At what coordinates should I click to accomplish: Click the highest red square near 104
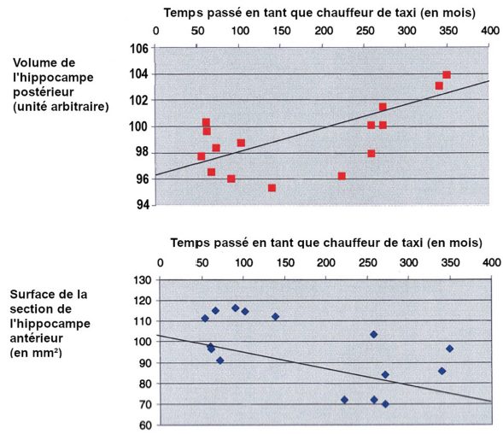click(x=447, y=75)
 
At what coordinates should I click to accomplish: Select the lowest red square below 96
click(x=272, y=188)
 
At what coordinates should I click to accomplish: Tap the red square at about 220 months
click(x=342, y=176)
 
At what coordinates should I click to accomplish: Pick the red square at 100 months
click(x=241, y=143)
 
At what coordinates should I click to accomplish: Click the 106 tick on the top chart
click(x=139, y=49)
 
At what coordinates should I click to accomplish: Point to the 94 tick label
click(x=143, y=204)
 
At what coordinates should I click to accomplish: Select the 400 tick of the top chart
click(x=490, y=31)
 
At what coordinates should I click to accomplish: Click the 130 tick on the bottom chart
click(x=142, y=280)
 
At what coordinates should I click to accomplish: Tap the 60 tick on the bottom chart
click(x=145, y=425)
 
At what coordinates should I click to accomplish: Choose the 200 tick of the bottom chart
click(x=326, y=263)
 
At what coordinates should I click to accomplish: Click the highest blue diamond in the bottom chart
click(x=236, y=308)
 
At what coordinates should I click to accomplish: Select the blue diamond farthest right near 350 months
click(x=450, y=349)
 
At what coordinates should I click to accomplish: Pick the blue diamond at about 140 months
click(x=275, y=316)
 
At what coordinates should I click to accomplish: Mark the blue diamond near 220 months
click(x=344, y=400)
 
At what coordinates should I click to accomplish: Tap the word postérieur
click(x=44, y=92)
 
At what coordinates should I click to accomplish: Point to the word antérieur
click(x=36, y=338)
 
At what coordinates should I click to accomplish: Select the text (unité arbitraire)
click(x=61, y=107)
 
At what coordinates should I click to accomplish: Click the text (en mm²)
click(x=36, y=353)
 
